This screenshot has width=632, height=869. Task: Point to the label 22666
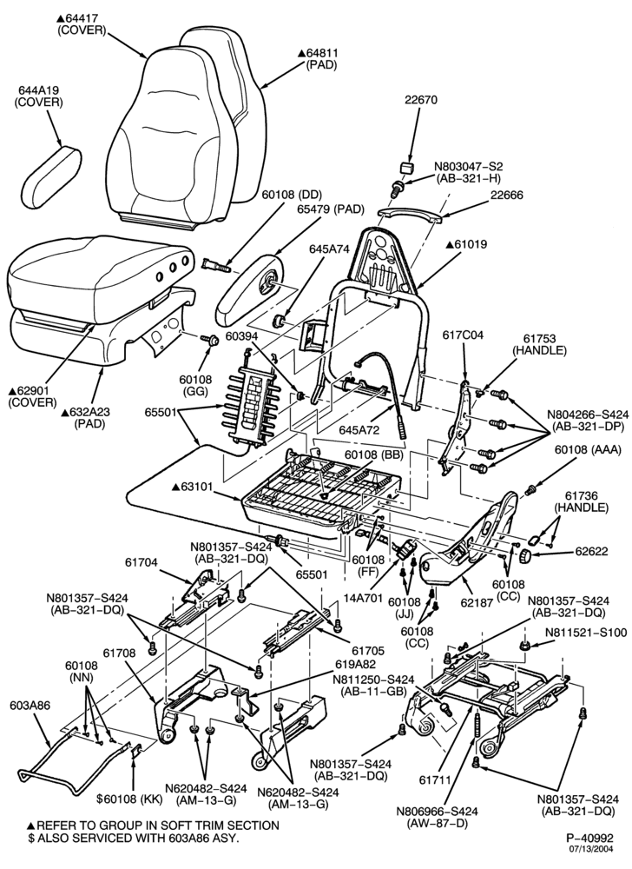[x=506, y=195]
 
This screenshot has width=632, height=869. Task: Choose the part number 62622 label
[x=591, y=551]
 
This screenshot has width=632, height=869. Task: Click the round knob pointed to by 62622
[x=524, y=554]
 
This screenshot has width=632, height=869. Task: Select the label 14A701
[x=363, y=600]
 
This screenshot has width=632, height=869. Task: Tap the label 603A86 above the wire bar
[x=30, y=705]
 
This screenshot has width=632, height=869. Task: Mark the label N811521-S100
[x=587, y=633]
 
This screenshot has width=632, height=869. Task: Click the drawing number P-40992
[x=589, y=838]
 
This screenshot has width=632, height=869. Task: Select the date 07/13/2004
[x=592, y=848]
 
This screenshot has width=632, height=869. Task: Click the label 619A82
[x=356, y=663]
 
